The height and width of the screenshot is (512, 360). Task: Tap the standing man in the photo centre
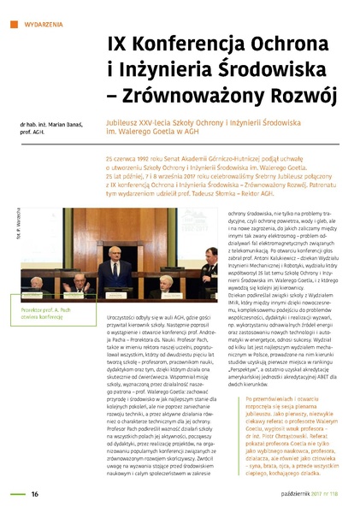tap(115, 269)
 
